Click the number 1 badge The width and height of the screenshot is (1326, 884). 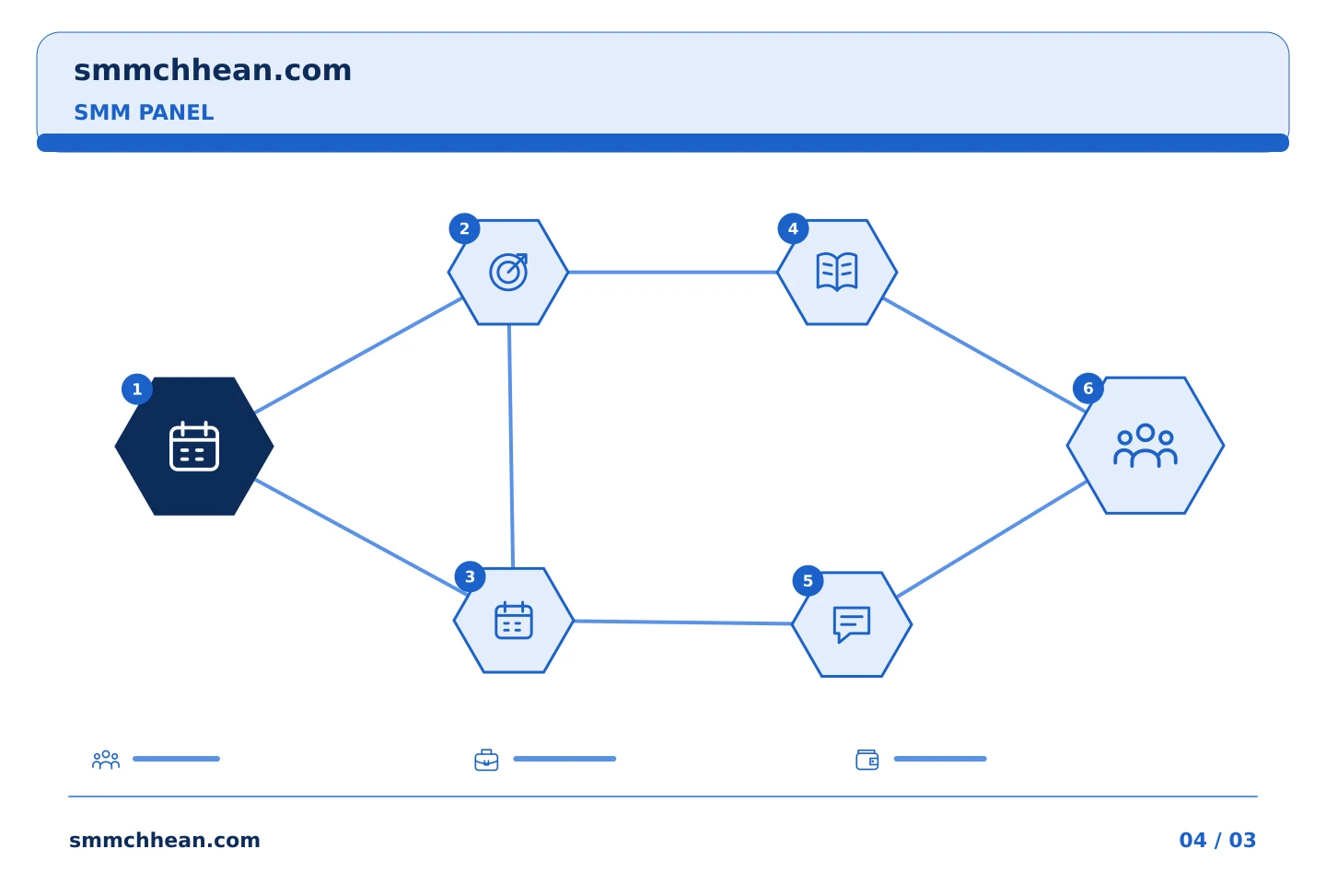click(x=136, y=390)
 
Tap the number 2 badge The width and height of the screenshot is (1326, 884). click(x=465, y=228)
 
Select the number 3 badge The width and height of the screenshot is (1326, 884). click(x=470, y=576)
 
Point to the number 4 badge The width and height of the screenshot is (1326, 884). click(x=793, y=228)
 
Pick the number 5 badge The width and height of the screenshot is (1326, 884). click(x=808, y=581)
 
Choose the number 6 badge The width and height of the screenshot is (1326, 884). click(x=1088, y=389)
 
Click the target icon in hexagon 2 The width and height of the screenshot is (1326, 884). click(x=508, y=272)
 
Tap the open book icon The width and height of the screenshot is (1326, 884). click(x=837, y=272)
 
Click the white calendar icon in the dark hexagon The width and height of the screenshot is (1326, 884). click(x=194, y=447)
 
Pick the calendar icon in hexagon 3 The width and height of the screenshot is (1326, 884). click(x=514, y=621)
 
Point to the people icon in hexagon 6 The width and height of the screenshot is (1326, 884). click(x=1146, y=446)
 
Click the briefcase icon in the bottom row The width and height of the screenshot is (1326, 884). click(x=486, y=760)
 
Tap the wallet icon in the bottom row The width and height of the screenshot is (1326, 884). click(x=867, y=760)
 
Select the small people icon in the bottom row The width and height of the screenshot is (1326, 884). click(x=106, y=759)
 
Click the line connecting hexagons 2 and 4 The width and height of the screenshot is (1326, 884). click(x=672, y=273)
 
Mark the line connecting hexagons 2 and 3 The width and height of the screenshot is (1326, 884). click(x=511, y=447)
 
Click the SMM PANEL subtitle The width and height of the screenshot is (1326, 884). click(x=144, y=112)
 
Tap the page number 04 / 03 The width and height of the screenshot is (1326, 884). click(x=1217, y=840)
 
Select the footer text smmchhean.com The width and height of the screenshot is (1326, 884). click(x=165, y=840)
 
